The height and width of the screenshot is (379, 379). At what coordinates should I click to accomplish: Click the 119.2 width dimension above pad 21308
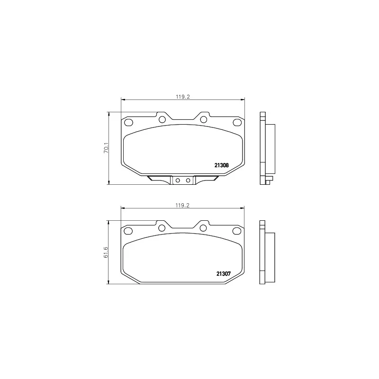coord(182,96)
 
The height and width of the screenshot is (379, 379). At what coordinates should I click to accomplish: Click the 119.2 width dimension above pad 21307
coord(182,205)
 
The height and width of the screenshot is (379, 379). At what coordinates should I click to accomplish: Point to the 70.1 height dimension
coord(107,148)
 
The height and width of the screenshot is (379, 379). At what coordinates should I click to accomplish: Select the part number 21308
coord(222,165)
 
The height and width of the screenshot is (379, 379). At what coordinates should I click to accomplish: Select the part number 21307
coord(223,273)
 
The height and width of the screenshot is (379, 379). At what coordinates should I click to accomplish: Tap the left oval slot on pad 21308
coord(128,123)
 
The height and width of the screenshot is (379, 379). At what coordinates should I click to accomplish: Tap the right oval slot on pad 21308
coord(237,123)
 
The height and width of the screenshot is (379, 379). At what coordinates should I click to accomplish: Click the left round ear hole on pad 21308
coord(162,119)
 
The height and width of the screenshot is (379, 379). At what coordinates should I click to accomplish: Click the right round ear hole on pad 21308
coord(203,119)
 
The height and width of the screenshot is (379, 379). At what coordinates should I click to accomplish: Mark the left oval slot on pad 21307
coord(128,231)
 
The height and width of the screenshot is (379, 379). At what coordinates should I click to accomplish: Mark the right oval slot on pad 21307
coord(237,231)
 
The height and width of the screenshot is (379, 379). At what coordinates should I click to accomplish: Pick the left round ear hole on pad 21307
coord(162,228)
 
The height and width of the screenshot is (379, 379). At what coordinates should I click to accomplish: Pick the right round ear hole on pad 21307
coord(203,228)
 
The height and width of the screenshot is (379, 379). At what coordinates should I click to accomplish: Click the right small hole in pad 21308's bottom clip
coord(188,180)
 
